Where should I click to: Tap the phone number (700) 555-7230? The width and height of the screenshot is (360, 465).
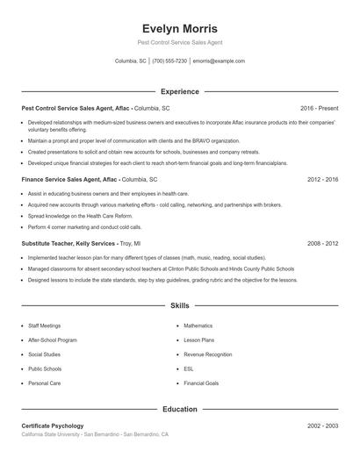point(169,61)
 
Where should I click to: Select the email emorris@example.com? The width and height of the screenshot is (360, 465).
point(219,61)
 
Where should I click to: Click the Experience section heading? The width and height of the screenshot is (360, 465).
point(179,91)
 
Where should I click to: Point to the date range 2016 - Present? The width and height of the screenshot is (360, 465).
point(319,107)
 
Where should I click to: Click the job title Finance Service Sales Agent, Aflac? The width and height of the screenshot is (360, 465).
point(69,179)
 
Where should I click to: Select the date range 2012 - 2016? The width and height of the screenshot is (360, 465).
point(323,179)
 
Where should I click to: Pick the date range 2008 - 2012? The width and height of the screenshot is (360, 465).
point(323,243)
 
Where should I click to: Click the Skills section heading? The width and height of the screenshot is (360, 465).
point(179,305)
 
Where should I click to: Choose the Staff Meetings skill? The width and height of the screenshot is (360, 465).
point(45,325)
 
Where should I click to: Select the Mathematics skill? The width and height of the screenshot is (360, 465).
point(198,325)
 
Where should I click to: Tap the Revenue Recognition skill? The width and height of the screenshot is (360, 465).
point(208,354)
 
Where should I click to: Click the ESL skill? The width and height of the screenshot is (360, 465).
point(189,368)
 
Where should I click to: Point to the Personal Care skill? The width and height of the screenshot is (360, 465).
point(44,383)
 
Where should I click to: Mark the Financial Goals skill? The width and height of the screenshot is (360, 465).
point(201,383)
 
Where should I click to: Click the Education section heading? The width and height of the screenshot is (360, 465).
point(179,409)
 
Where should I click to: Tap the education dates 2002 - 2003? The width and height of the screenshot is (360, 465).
point(323,426)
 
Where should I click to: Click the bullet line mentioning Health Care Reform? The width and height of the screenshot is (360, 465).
point(80,215)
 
